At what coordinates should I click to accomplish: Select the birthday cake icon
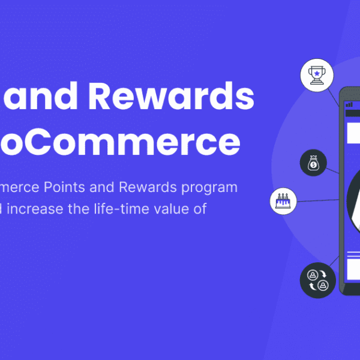pos(281,200)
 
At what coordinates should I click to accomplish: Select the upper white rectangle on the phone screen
pos(353,132)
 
